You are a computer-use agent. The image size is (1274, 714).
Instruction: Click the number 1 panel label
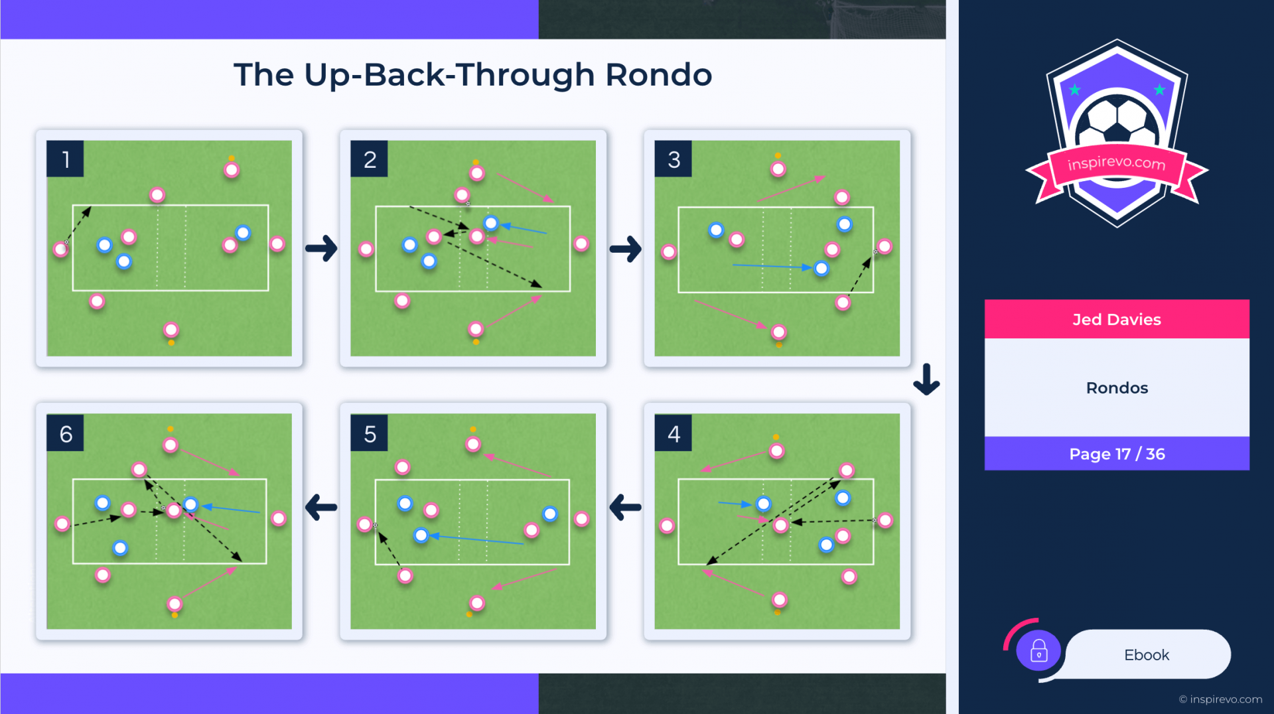(65, 159)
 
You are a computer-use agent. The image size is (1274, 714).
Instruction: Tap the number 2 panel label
(370, 159)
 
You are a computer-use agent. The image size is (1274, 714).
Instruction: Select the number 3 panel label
(673, 159)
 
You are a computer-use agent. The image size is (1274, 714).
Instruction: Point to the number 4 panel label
(673, 433)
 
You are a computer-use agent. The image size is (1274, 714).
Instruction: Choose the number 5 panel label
(370, 433)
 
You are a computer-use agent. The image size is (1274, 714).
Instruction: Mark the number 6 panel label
(65, 433)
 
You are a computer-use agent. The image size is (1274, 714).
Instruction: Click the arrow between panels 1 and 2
(321, 248)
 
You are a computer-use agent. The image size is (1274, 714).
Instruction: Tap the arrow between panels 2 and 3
(626, 249)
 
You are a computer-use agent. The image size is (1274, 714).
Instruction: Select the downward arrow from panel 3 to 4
(926, 379)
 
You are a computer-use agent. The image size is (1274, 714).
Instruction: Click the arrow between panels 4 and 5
(625, 508)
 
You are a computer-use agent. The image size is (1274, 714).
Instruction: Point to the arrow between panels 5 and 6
(321, 508)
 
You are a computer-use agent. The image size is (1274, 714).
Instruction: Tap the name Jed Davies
(1117, 319)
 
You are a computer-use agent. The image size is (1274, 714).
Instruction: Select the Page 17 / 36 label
(1117, 454)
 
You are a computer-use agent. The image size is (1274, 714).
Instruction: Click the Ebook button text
(1147, 655)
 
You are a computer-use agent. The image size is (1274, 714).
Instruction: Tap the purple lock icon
(1038, 651)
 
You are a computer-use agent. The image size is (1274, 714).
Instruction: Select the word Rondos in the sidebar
(1117, 388)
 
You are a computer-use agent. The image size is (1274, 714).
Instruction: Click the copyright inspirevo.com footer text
(1220, 699)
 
